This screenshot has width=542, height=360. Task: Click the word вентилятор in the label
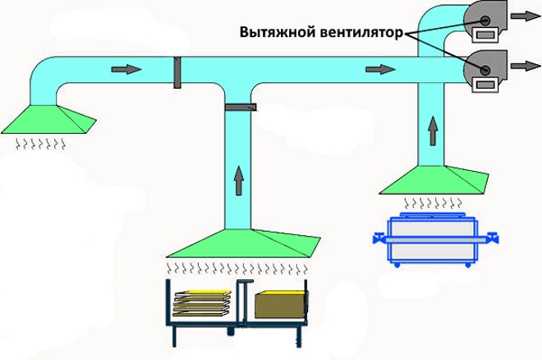[x=359, y=34]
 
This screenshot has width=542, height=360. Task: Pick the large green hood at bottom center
[x=241, y=244]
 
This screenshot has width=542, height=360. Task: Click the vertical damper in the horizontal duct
[x=177, y=72]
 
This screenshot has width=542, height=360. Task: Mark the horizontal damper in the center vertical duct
[x=240, y=107]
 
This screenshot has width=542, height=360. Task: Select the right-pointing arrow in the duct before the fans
[x=379, y=69]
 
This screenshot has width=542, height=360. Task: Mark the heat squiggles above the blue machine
[x=432, y=201]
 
